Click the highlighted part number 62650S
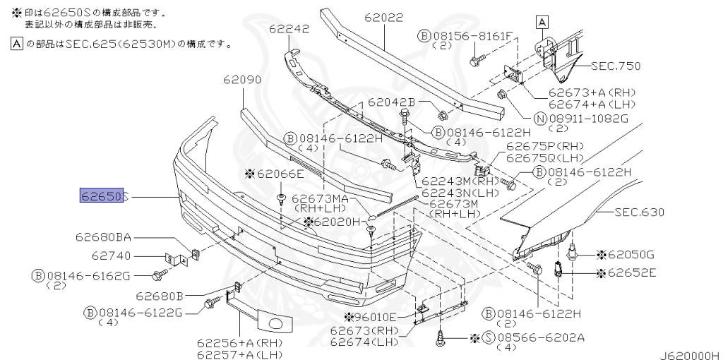point(102,196)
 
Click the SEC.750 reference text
point(616,66)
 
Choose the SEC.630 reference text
point(639,212)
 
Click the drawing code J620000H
point(689,354)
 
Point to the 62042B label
point(391,103)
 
